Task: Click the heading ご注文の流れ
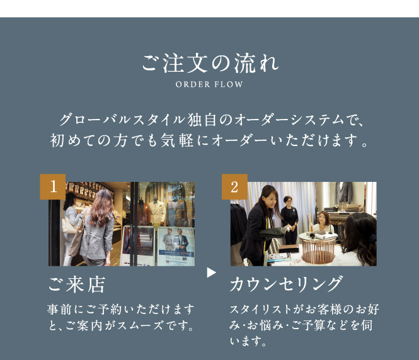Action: [210, 64]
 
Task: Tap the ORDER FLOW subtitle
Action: [209, 84]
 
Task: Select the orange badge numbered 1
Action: [53, 186]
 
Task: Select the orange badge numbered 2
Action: [234, 186]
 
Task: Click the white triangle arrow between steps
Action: [211, 273]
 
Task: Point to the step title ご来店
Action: [77, 284]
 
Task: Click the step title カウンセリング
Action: [285, 284]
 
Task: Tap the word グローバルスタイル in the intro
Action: [122, 120]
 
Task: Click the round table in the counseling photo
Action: [318, 247]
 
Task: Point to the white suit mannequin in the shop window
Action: [157, 213]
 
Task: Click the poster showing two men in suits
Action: [176, 246]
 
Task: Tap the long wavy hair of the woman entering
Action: [101, 208]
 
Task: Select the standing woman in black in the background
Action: [289, 220]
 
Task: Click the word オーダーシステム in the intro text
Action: [289, 120]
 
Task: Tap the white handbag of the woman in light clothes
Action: [69, 226]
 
